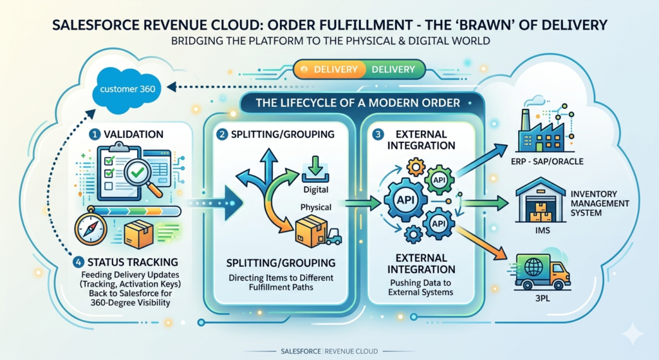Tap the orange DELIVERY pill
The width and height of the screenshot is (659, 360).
[327, 69]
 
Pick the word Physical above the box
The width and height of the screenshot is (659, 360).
[315, 208]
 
